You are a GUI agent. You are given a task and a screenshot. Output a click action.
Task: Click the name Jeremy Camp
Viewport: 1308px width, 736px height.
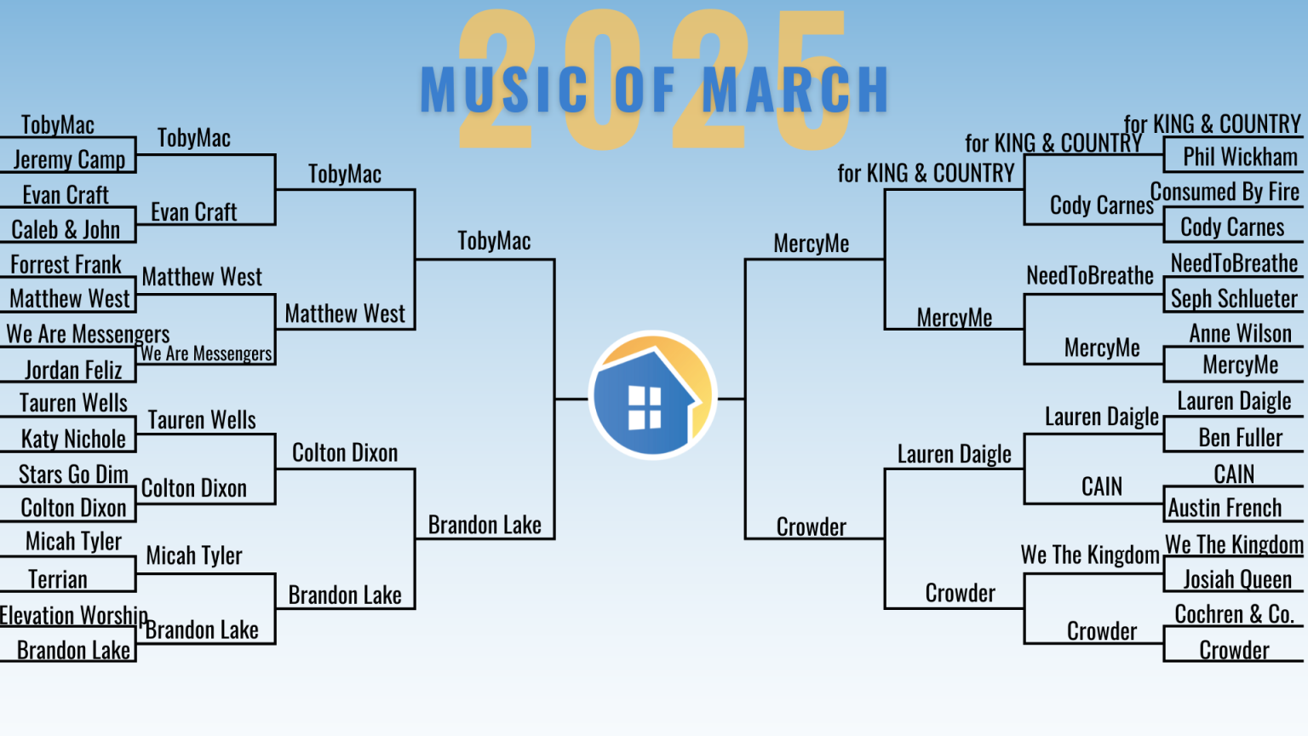pyautogui.click(x=69, y=159)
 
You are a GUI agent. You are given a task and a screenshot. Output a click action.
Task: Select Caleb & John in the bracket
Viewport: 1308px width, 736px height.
pyautogui.click(x=66, y=229)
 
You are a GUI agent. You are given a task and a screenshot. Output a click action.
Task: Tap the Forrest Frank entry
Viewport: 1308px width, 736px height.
pyautogui.click(x=66, y=265)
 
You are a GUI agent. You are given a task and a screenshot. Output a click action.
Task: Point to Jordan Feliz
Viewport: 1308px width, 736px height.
pyautogui.click(x=73, y=370)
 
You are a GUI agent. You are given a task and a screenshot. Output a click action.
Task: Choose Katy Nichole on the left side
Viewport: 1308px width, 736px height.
pyautogui.click(x=73, y=439)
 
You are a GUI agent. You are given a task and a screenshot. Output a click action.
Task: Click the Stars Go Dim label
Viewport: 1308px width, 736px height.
pyautogui.click(x=73, y=474)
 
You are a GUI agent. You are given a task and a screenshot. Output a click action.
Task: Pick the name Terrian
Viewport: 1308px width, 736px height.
pyautogui.click(x=57, y=579)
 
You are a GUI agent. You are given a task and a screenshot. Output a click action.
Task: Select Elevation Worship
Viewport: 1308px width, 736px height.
pyautogui.click(x=73, y=615)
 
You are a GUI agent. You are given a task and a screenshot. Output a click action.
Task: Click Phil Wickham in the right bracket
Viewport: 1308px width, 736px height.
pyautogui.click(x=1240, y=157)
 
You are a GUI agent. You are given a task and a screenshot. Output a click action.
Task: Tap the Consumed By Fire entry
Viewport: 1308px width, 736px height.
pyautogui.click(x=1225, y=192)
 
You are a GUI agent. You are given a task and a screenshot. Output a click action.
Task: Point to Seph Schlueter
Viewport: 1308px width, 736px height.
pyautogui.click(x=1234, y=298)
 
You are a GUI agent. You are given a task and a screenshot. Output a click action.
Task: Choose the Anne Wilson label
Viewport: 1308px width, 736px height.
pyautogui.click(x=1240, y=334)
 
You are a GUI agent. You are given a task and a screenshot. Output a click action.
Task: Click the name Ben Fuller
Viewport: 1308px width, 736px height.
pyautogui.click(x=1240, y=438)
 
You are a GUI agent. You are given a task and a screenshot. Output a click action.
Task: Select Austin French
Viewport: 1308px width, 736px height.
pyautogui.click(x=1225, y=508)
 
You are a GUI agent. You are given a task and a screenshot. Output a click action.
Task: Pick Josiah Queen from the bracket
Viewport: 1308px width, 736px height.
pyautogui.click(x=1237, y=579)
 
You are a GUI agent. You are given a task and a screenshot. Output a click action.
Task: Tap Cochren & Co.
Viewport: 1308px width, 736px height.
pyautogui.click(x=1235, y=614)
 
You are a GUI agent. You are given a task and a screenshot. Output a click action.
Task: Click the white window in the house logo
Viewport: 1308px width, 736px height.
pyautogui.click(x=644, y=407)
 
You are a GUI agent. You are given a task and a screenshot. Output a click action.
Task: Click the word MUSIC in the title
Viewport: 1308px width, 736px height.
pyautogui.click(x=503, y=89)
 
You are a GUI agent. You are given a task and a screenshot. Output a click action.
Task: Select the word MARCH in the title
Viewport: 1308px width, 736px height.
pyautogui.click(x=795, y=89)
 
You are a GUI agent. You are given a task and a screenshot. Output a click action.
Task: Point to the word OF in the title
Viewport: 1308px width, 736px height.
pyautogui.click(x=645, y=89)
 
